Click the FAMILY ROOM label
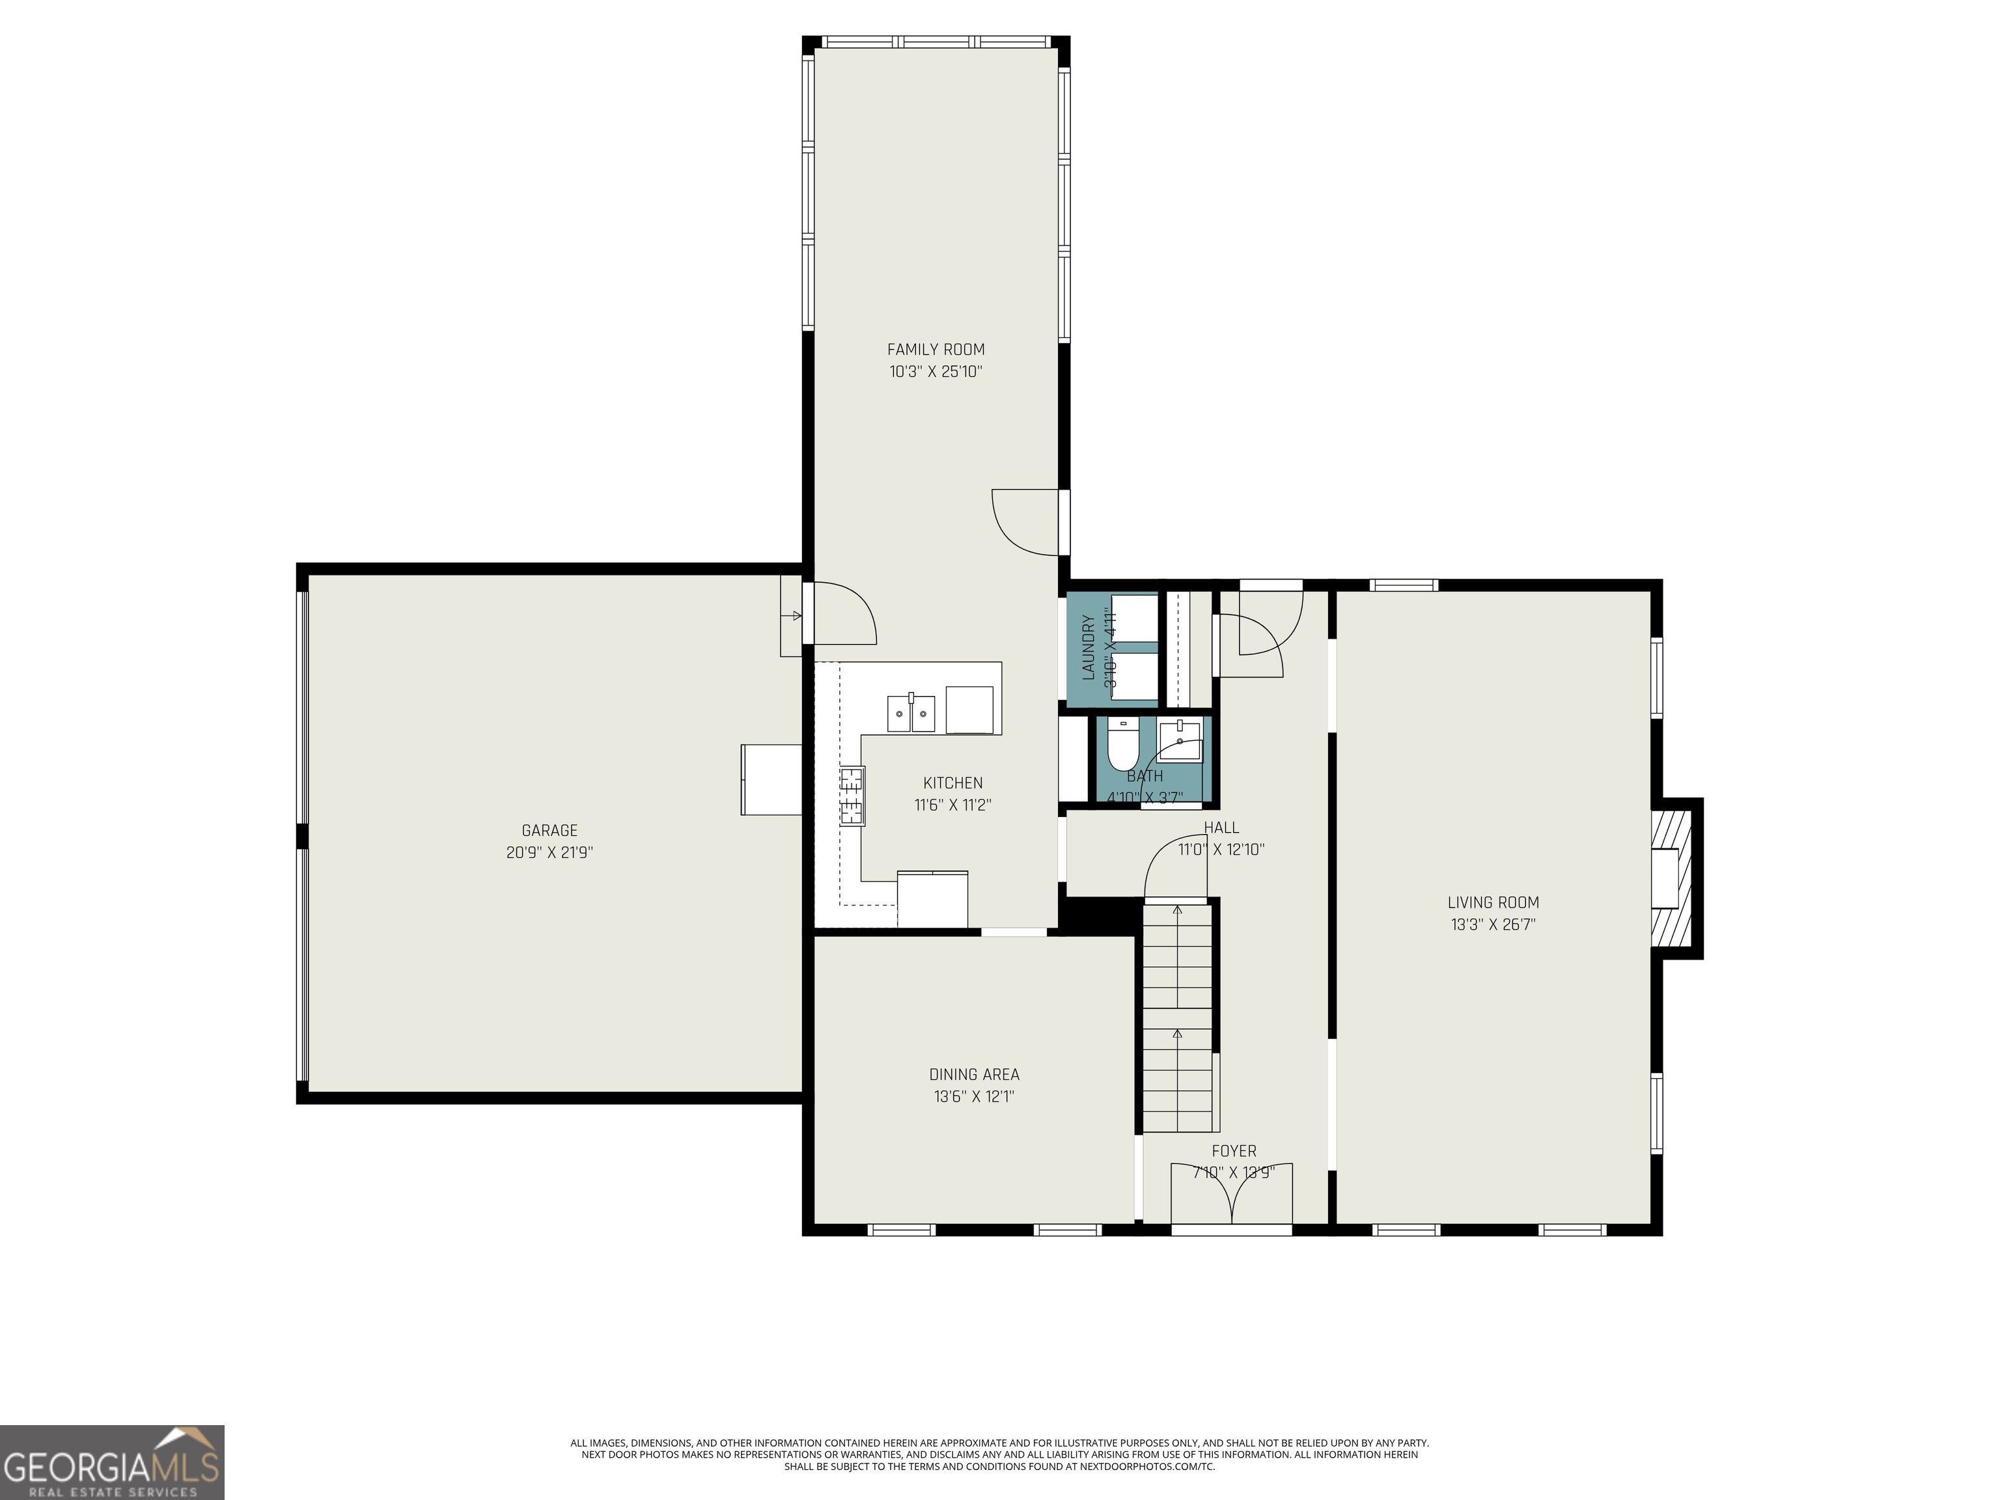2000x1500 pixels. pos(935,349)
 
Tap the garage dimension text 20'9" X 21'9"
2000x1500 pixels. pos(549,852)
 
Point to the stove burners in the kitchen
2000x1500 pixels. pos(851,796)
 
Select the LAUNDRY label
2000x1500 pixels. pos(1088,646)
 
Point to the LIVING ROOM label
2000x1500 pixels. pos(1493,902)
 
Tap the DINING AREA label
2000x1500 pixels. pos(974,1074)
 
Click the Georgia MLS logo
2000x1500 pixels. pos(111,1462)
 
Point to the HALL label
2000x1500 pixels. pos(1221,827)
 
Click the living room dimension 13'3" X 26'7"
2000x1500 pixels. pos(1493,924)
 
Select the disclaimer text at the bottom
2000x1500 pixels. pos(999,1454)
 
